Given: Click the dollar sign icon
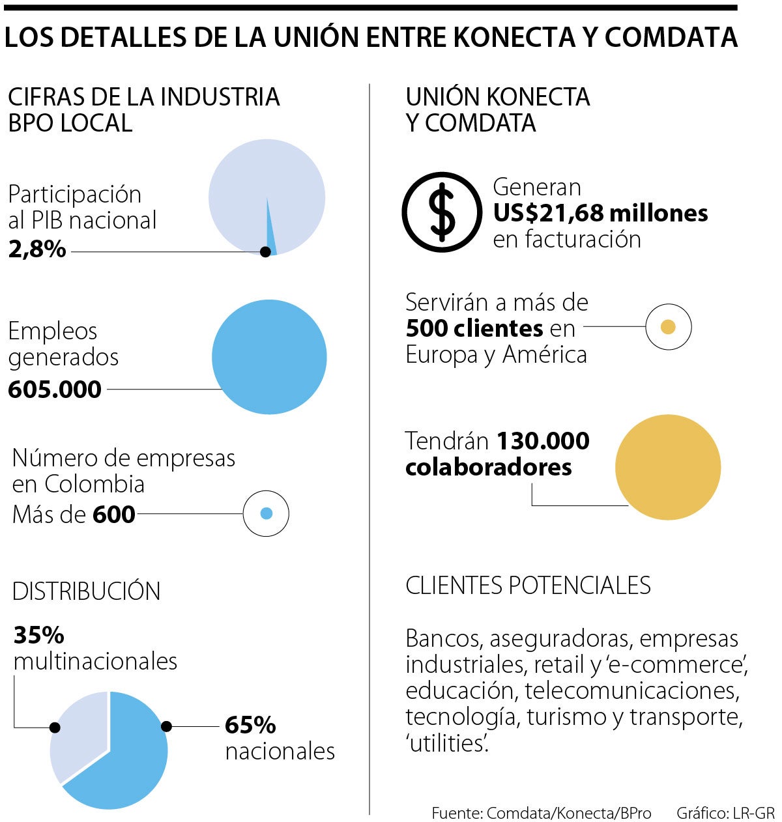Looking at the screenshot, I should (442, 212).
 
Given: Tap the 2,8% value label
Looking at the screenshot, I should (37, 249).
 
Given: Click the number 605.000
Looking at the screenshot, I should (55, 390).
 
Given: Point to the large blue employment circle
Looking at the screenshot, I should (269, 357).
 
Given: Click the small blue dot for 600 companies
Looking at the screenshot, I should (266, 513).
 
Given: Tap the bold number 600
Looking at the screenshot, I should (114, 515).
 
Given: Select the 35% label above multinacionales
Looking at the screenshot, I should (39, 634).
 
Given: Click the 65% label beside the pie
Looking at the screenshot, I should (250, 725).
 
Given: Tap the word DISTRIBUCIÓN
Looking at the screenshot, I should (86, 591).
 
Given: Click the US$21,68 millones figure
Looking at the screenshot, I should (600, 213).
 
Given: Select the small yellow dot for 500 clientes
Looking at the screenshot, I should (668, 327).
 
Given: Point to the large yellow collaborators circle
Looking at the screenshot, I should (668, 467).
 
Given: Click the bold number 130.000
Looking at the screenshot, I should (543, 441).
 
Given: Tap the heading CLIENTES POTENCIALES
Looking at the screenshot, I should (528, 585).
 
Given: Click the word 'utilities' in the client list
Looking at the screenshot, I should (447, 743).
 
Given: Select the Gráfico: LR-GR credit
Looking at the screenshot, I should (725, 813).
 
